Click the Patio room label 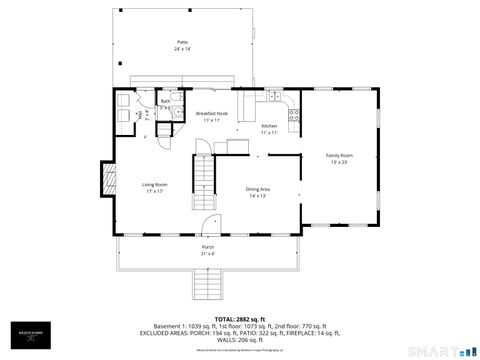pyautogui.click(x=182, y=42)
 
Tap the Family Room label pyautogui.click(x=340, y=155)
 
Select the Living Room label pyautogui.click(x=154, y=184)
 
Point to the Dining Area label pyautogui.click(x=259, y=189)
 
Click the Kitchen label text pyautogui.click(x=269, y=126)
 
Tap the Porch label pyautogui.click(x=208, y=247)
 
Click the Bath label pyautogui.click(x=165, y=101)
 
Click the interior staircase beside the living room pyautogui.click(x=205, y=180)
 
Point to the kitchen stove pyautogui.click(x=294, y=115)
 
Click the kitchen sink pyautogui.click(x=272, y=96)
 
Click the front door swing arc pyautogui.click(x=209, y=225)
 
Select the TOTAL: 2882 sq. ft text pyautogui.click(x=239, y=317)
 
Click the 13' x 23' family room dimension pyautogui.click(x=340, y=162)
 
